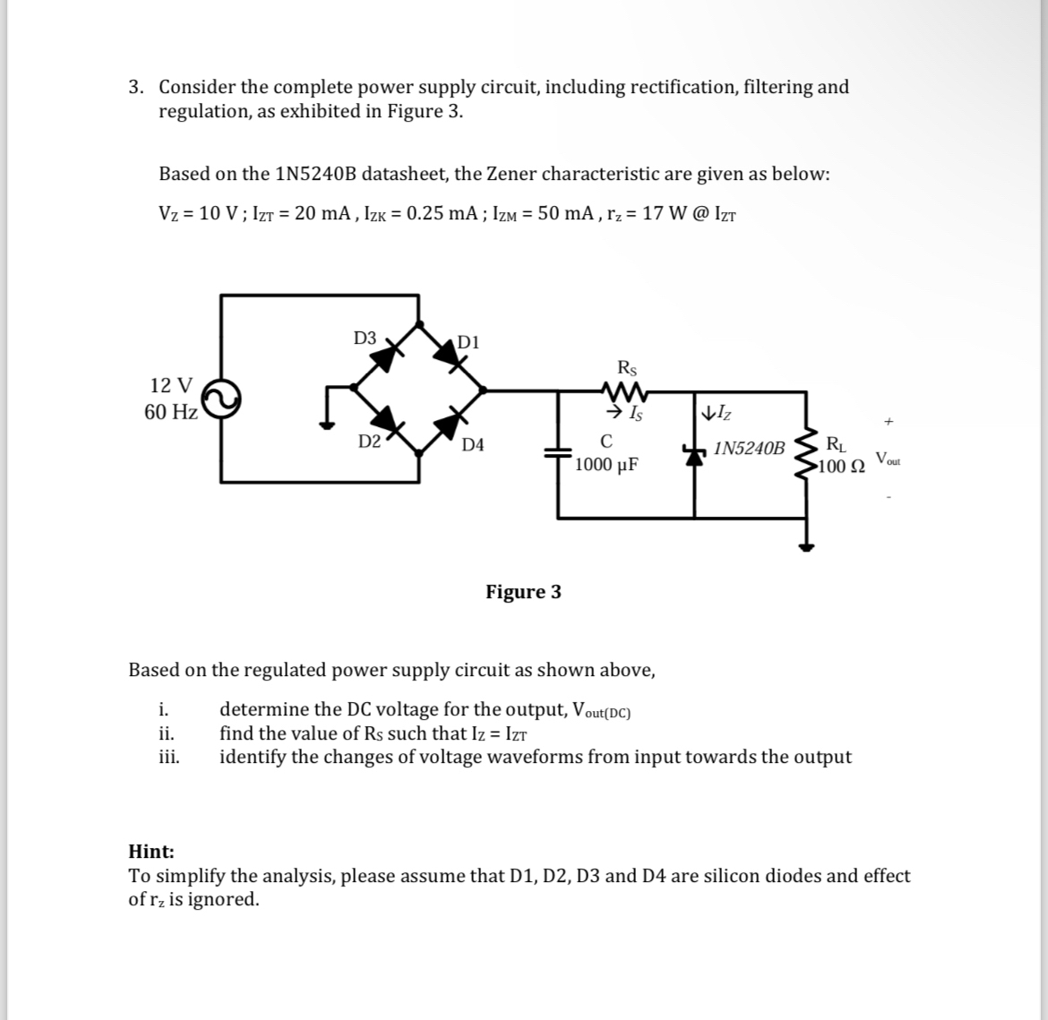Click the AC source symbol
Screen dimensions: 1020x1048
[x=222, y=399]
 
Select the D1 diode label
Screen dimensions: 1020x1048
[x=468, y=341]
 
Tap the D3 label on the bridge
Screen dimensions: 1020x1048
[x=365, y=338]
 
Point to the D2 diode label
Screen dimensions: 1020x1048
[x=369, y=441]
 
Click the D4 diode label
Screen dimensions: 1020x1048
[x=473, y=444]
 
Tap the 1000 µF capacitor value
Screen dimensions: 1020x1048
[x=606, y=465]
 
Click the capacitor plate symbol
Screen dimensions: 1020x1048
[x=559, y=454]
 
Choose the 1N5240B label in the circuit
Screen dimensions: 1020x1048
[x=750, y=448]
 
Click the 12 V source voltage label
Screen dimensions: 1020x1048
[x=171, y=385]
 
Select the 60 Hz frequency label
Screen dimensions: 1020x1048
[x=170, y=412]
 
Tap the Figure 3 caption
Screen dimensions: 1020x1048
[x=523, y=592]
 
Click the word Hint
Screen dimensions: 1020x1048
[x=151, y=852]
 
